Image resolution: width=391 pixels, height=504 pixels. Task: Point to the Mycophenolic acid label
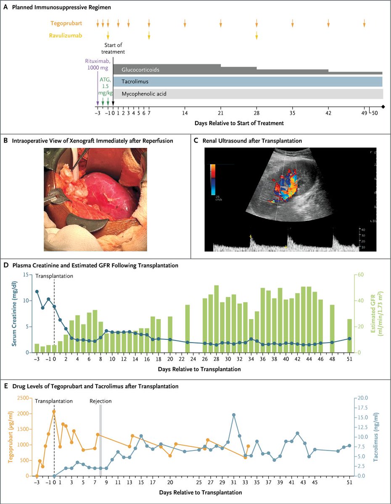(144, 94)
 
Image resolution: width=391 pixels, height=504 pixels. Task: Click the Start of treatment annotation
(115, 49)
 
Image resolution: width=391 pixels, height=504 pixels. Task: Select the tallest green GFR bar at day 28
(216, 319)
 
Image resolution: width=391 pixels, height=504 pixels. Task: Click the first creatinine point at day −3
(37, 291)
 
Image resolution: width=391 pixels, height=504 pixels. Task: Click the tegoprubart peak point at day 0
(54, 412)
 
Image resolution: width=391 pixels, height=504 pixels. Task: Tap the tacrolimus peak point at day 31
(234, 415)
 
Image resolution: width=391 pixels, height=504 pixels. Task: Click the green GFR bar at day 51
(349, 336)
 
